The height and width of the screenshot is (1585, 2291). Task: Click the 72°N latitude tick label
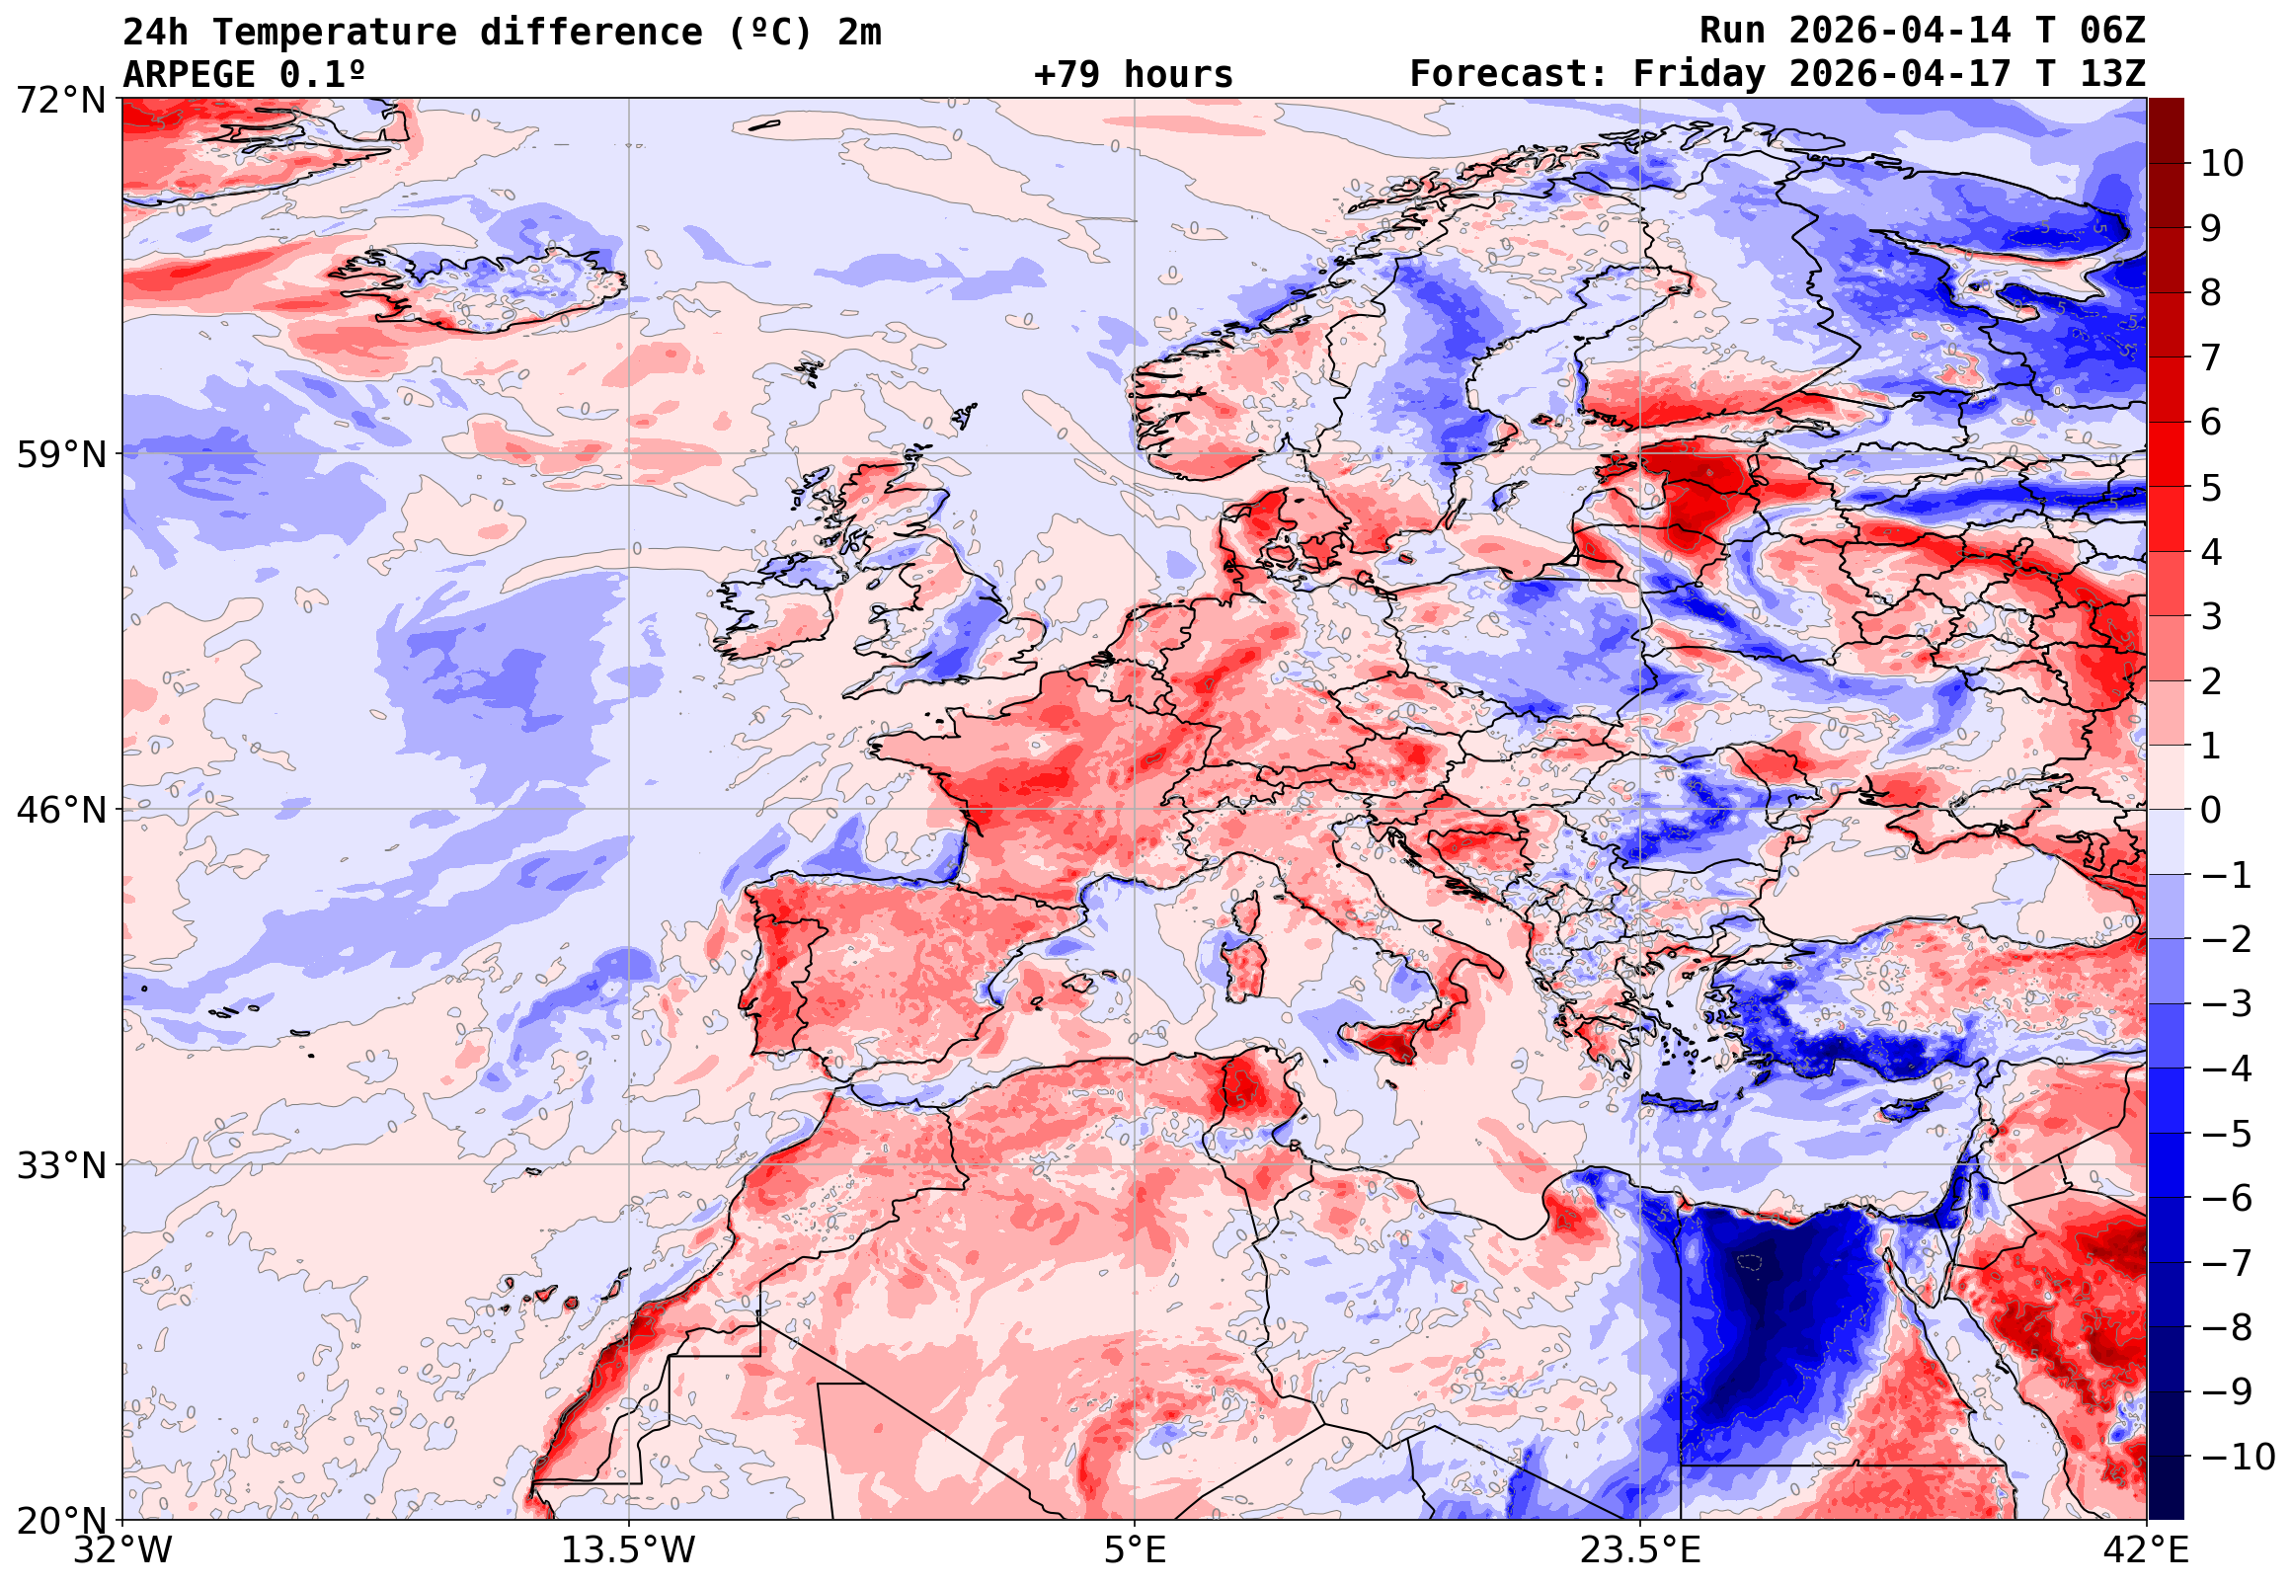click(x=60, y=100)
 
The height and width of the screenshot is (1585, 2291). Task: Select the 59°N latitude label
click(x=60, y=455)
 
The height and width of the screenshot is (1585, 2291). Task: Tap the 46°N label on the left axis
click(x=60, y=811)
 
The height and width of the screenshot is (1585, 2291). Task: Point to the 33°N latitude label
click(x=60, y=1165)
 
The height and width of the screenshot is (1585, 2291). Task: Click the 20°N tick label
click(x=60, y=1521)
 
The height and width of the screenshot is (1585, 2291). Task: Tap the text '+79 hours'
click(x=1133, y=74)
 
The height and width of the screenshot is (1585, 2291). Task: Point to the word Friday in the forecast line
click(x=1698, y=74)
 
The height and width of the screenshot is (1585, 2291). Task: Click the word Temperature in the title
click(x=333, y=32)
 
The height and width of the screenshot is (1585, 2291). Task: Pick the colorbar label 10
click(x=2223, y=164)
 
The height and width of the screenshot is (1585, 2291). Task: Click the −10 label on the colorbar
click(x=2238, y=1457)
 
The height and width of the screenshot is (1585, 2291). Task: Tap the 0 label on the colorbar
click(x=2212, y=811)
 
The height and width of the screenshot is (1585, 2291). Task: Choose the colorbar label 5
click(x=2212, y=488)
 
